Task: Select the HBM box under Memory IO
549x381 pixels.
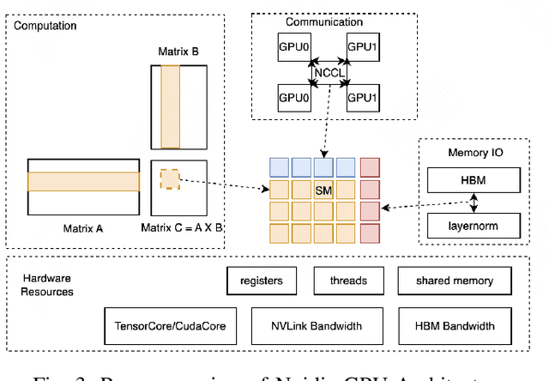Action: click(x=473, y=179)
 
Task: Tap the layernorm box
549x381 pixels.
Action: click(x=473, y=227)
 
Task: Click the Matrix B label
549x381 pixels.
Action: click(x=178, y=51)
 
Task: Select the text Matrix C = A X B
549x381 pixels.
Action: click(x=182, y=228)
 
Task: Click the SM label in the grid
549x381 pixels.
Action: click(x=323, y=189)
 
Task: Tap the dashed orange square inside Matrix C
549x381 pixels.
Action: click(x=170, y=179)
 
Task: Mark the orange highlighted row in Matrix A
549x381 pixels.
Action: click(x=83, y=181)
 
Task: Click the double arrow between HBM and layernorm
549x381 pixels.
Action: click(x=473, y=203)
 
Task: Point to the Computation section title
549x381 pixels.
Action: click(x=45, y=26)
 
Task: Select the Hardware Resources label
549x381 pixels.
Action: click(x=48, y=285)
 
